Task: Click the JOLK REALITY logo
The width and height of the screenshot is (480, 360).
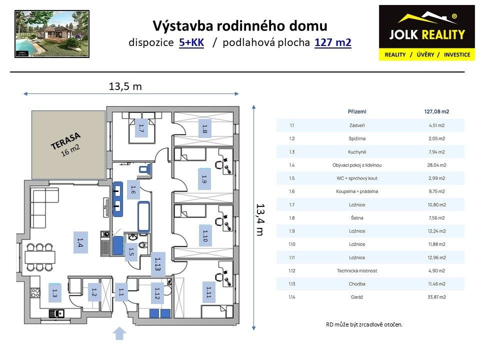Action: [427, 32]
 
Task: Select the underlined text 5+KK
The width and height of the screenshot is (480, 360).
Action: [191, 42]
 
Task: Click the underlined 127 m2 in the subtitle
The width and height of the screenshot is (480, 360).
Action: [333, 42]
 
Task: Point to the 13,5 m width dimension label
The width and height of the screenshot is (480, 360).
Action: [125, 86]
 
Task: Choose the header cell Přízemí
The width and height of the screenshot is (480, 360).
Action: [356, 111]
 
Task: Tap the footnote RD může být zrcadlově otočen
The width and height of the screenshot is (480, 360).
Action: [363, 324]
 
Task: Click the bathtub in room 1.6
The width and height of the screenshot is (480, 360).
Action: [144, 216]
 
